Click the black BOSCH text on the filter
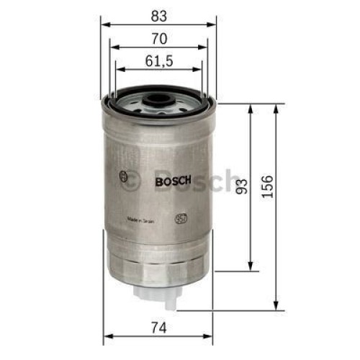click(172, 182)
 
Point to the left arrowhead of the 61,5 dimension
click(118, 71)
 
